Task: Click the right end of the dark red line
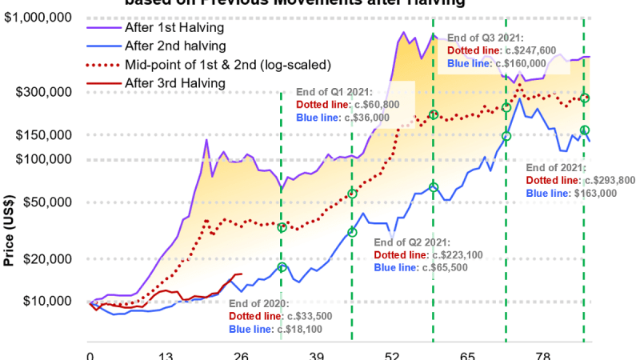coord(242,274)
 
